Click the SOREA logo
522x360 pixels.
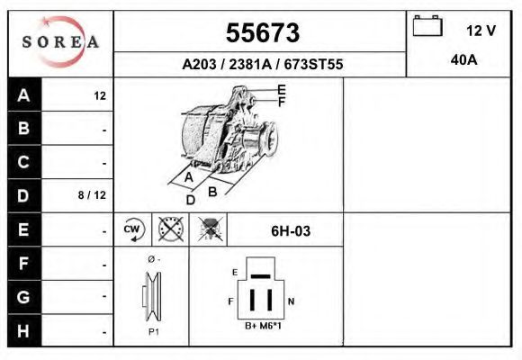(60, 42)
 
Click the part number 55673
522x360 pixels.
(262, 33)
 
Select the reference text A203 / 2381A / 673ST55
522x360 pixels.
(262, 65)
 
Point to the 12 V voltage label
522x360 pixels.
(481, 31)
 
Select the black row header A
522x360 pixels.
(24, 95)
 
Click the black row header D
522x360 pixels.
(24, 195)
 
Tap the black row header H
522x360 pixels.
(24, 330)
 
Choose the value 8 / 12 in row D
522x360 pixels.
(93, 195)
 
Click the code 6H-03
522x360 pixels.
(291, 230)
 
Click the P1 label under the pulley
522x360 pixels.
(153, 332)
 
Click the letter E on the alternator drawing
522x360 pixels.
(282, 89)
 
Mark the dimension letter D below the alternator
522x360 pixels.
(190, 200)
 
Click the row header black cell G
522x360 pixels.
(24, 297)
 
